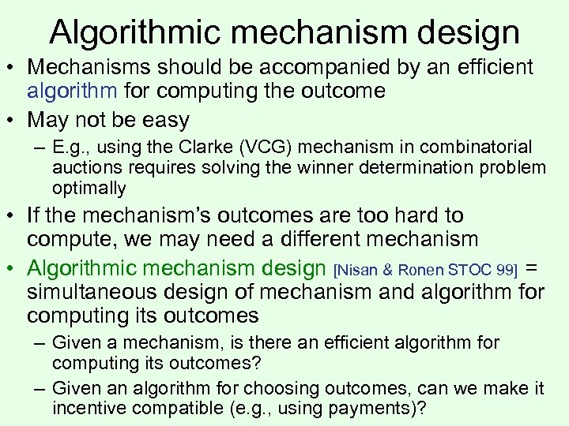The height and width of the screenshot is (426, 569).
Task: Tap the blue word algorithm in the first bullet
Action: tap(71, 91)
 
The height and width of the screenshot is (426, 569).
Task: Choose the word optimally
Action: tap(89, 188)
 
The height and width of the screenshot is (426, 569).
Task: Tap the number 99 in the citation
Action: tap(504, 271)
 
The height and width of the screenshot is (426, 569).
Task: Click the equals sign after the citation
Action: tap(533, 268)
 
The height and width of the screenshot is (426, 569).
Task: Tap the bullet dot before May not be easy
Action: tap(13, 121)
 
